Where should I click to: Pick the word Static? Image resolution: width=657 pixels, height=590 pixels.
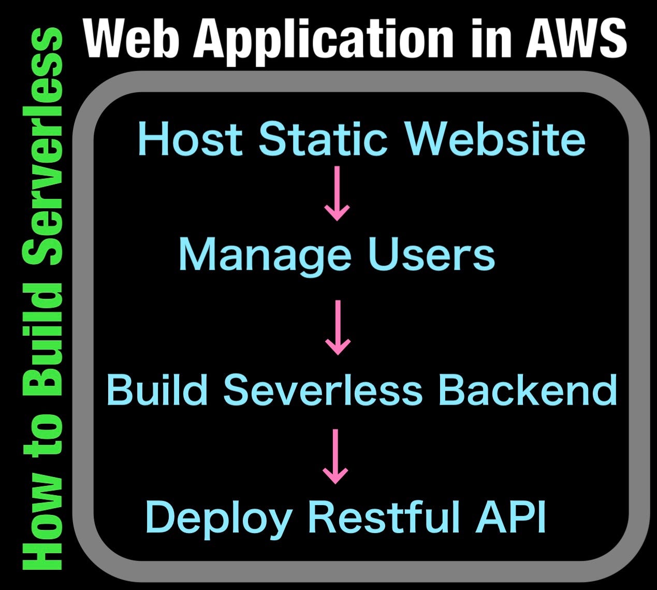(324, 139)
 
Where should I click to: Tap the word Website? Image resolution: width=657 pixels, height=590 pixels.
(495, 139)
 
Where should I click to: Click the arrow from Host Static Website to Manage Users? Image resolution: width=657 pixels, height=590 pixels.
(337, 193)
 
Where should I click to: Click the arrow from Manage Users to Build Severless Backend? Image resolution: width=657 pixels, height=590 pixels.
(338, 327)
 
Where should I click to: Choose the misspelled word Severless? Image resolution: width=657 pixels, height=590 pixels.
(323, 390)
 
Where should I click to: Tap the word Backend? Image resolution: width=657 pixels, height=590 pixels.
(527, 390)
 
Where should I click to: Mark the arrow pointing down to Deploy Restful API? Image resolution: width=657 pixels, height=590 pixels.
(335, 456)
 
